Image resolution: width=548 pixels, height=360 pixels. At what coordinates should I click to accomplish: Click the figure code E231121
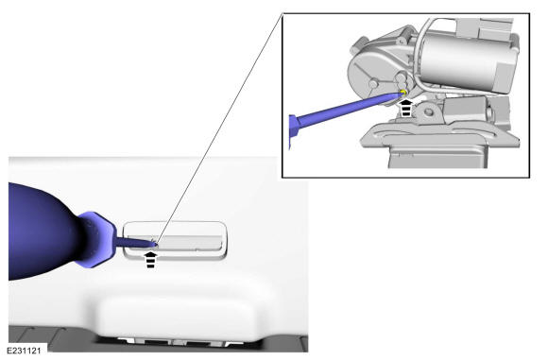coord(24,351)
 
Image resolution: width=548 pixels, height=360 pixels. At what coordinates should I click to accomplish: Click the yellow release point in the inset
coord(402,93)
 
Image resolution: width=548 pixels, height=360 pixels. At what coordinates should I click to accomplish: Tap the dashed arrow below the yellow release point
coord(405,108)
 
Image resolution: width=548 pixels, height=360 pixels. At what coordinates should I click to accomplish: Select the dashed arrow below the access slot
coord(150,260)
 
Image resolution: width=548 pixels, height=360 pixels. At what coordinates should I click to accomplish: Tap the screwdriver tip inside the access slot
coord(154,245)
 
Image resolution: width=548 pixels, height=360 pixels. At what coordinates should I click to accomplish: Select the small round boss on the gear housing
coord(373,83)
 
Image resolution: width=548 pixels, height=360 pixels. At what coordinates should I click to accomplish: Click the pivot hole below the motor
coord(429,112)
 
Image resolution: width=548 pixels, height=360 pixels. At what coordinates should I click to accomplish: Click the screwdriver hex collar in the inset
coord(293,132)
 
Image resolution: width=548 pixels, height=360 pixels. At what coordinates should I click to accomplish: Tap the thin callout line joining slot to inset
coord(219,129)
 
